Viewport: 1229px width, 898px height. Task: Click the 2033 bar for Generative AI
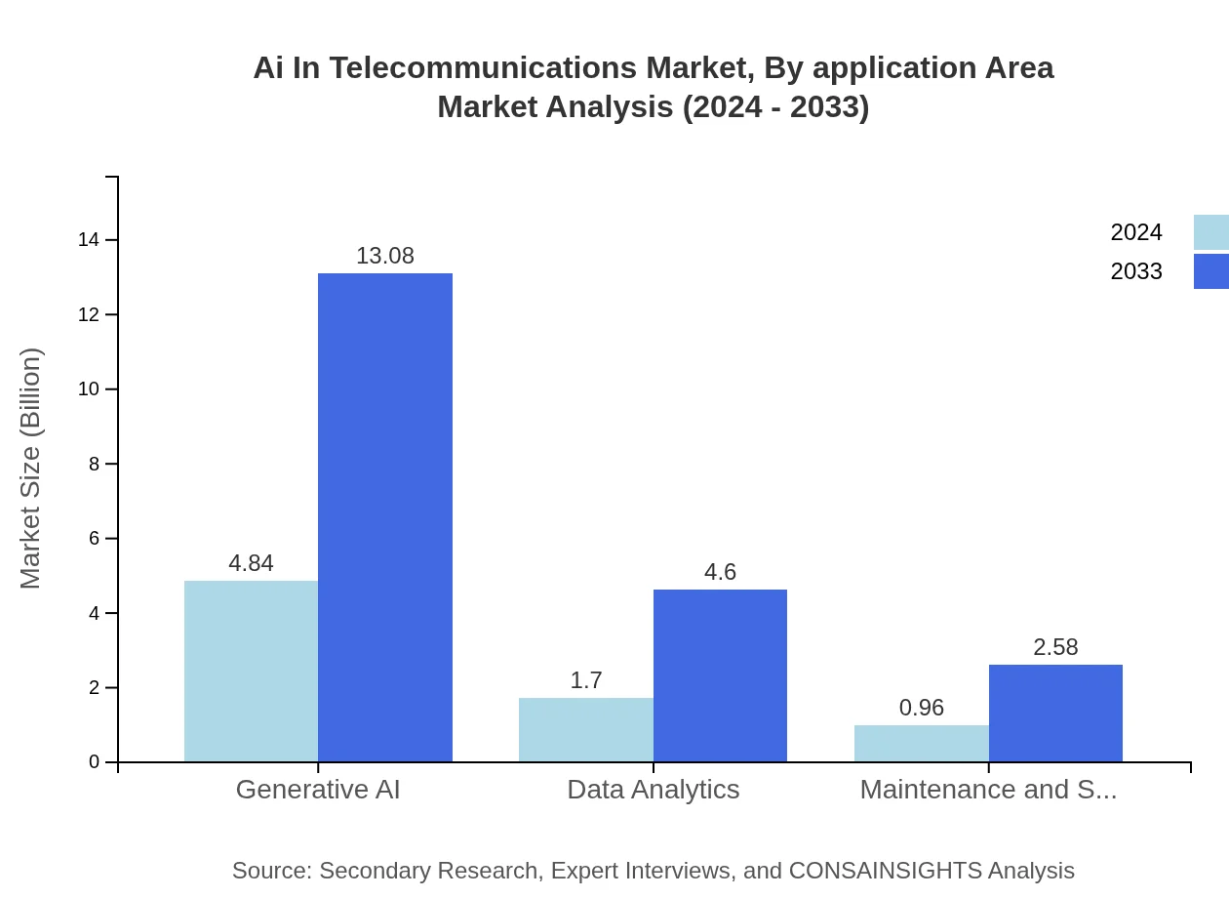385,517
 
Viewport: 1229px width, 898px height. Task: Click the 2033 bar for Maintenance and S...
1055,714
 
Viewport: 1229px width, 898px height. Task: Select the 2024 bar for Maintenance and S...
921,744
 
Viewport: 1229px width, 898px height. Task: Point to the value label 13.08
385,256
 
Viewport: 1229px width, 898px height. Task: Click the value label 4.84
251,563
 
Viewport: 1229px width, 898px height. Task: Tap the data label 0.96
921,708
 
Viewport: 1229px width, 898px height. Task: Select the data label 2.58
1055,647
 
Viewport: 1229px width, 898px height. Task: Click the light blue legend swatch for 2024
1211,232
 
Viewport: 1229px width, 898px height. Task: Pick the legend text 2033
1136,271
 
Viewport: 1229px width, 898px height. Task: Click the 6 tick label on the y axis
94,539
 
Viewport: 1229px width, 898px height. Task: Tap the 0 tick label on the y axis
94,762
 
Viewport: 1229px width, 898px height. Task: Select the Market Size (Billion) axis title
30,469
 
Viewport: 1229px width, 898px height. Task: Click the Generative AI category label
318,789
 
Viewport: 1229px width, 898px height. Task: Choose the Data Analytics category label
653,789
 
